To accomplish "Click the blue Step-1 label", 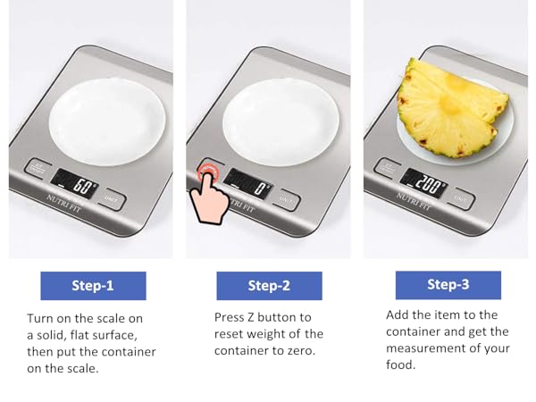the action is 93,286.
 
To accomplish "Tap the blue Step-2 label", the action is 269,286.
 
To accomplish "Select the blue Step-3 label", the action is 448,285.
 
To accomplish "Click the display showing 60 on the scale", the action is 74,183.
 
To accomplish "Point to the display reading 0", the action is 248,184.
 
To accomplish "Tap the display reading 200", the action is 423,183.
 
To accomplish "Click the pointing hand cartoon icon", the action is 209,198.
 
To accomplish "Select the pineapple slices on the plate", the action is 452,109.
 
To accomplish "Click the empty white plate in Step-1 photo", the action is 107,121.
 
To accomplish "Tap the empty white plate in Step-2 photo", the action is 281,121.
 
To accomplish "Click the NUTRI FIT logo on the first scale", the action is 64,203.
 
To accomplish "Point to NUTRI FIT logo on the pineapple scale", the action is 414,201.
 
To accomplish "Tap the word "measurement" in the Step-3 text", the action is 424,348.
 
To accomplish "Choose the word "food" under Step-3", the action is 400,364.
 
